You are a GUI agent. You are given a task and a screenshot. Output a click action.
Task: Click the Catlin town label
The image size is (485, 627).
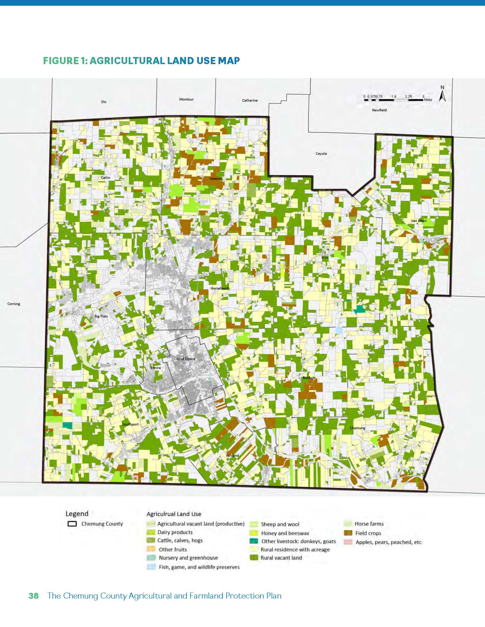(106, 178)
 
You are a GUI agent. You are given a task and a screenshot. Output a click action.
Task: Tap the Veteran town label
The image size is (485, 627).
(216, 179)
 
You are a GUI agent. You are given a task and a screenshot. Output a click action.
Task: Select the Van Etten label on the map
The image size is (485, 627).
(419, 221)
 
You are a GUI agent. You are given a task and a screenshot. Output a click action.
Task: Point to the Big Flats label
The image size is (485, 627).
(101, 316)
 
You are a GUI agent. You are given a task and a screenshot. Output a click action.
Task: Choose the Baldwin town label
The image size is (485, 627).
(309, 378)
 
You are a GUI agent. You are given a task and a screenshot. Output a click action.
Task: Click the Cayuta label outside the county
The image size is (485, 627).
(321, 154)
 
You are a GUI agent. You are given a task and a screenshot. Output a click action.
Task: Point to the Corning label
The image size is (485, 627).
(13, 304)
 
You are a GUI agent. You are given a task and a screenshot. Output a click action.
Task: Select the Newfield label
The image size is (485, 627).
(379, 110)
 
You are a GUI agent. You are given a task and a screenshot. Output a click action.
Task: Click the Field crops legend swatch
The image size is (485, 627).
(348, 533)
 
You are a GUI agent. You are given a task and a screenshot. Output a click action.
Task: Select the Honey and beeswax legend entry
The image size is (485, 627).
(285, 533)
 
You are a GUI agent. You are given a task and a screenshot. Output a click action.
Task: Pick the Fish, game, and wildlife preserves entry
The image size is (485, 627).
(199, 567)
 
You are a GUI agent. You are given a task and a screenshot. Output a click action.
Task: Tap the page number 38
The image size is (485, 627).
(34, 596)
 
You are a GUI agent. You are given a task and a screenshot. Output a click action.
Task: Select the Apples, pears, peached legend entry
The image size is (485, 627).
(388, 542)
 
